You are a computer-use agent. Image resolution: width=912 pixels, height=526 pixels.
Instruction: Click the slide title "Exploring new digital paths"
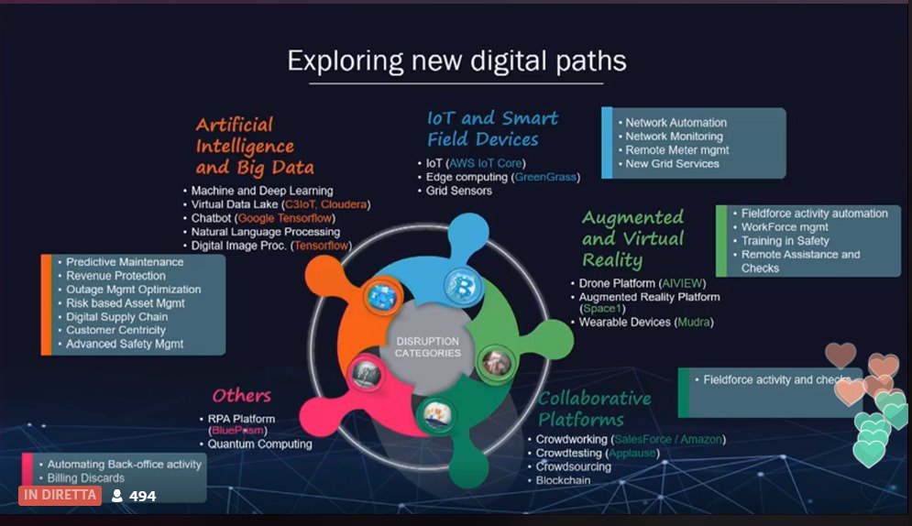click(x=456, y=60)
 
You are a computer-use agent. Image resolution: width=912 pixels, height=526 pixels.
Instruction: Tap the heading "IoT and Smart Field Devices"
click(x=492, y=128)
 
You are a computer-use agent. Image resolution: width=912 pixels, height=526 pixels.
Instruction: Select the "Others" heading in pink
click(x=242, y=396)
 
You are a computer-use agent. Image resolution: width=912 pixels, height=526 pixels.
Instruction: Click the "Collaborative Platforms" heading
click(x=594, y=409)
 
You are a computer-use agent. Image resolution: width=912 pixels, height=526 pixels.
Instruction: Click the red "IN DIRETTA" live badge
click(x=60, y=495)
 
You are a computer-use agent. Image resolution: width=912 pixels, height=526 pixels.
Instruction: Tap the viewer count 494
click(x=142, y=496)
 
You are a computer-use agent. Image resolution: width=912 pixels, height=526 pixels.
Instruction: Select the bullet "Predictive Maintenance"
click(x=125, y=262)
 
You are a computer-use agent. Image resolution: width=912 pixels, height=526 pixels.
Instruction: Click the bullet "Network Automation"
click(x=676, y=123)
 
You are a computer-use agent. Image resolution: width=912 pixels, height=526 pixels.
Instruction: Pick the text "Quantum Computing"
click(x=259, y=444)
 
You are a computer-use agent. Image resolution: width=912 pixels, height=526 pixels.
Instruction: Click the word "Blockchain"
click(x=563, y=480)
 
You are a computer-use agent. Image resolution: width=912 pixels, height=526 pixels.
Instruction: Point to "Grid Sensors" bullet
click(x=458, y=191)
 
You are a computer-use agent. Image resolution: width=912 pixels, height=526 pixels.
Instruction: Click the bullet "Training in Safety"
click(x=785, y=241)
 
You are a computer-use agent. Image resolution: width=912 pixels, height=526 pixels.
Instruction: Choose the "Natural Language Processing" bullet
click(x=265, y=232)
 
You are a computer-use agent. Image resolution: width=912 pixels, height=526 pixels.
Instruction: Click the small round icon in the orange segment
click(x=379, y=295)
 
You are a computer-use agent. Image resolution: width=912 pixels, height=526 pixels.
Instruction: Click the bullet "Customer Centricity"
click(x=115, y=330)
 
